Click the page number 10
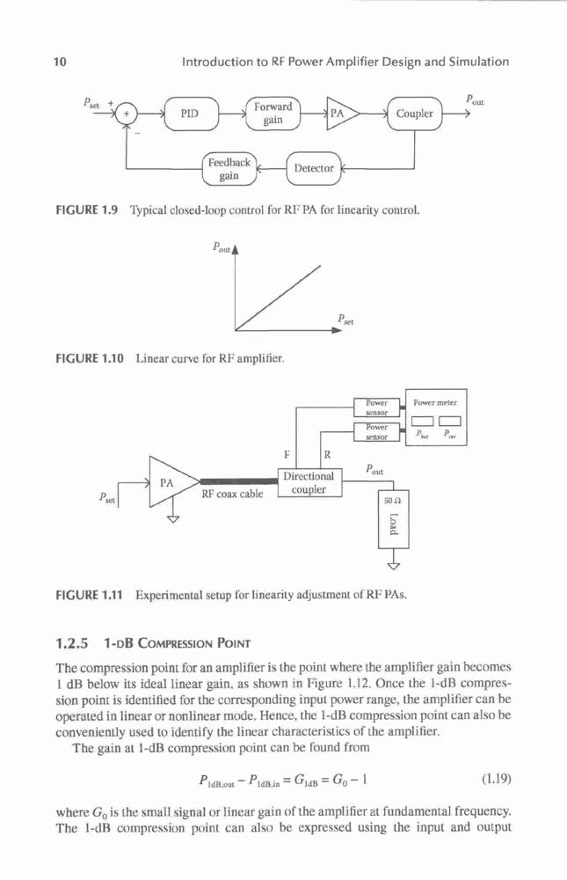tap(60, 62)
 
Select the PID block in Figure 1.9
tap(191, 114)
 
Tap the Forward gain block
tap(273, 114)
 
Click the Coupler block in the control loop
tap(414, 114)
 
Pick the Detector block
tap(314, 168)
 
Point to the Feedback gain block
tap(229, 169)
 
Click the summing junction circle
tap(127, 114)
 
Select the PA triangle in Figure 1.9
tap(340, 114)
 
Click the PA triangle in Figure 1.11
tap(171, 482)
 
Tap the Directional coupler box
tap(309, 482)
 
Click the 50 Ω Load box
tap(394, 519)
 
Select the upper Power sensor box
tap(377, 407)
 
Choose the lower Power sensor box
tap(377, 431)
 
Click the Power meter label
tap(435, 402)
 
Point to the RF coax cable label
tap(232, 495)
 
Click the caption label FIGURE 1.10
tap(90, 357)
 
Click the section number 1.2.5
tap(72, 642)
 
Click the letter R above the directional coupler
tap(328, 454)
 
